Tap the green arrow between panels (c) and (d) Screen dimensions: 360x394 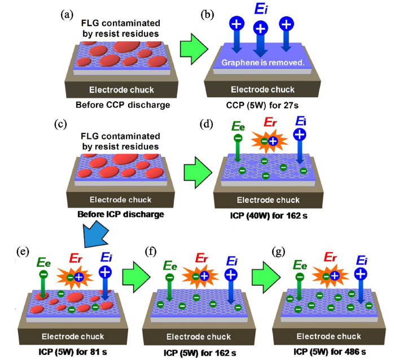195,170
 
